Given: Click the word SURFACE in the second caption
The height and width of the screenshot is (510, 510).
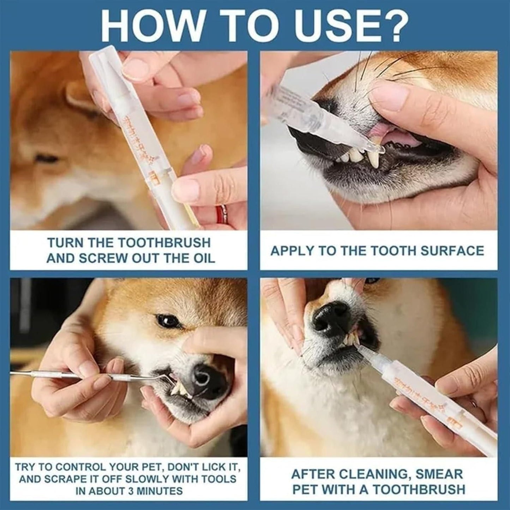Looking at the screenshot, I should coord(452,251).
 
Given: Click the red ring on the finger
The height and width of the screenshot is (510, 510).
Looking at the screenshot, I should coord(222,213).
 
